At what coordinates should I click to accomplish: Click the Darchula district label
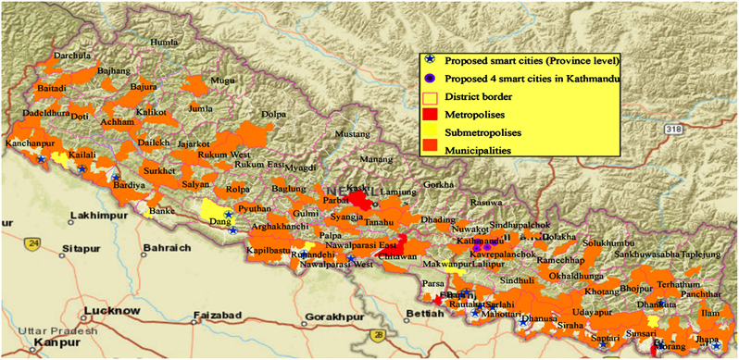[x=73, y=56]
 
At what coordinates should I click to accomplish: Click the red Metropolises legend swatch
[x=429, y=114]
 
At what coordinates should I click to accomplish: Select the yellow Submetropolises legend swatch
[x=429, y=131]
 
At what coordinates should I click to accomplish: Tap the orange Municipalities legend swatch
[x=429, y=149]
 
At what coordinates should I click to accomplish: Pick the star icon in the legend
[x=429, y=61]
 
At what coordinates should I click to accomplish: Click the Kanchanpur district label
[x=29, y=146]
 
